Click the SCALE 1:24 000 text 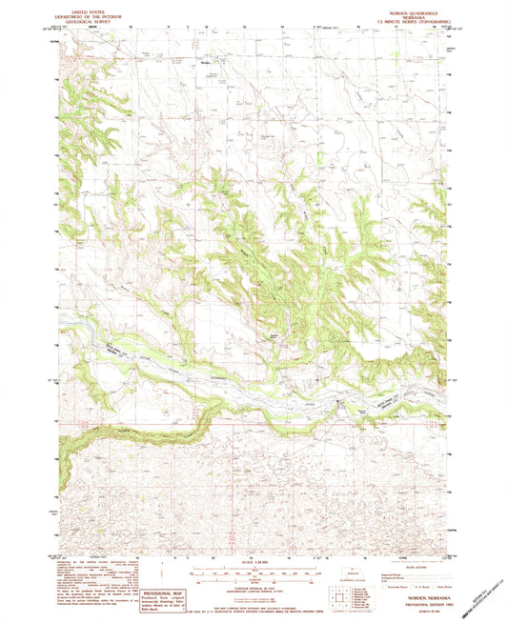254,560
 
